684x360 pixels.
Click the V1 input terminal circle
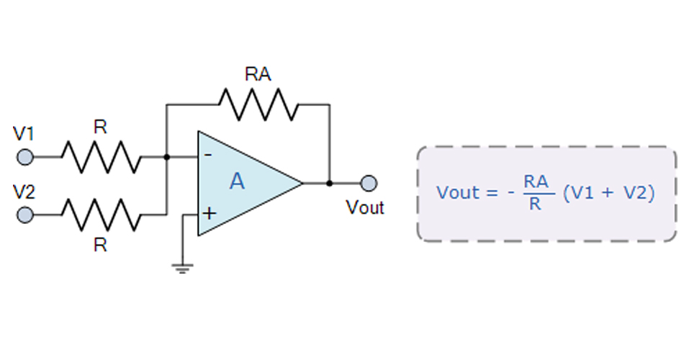(25, 156)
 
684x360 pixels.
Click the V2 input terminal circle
(25, 215)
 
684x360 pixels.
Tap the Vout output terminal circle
(369, 183)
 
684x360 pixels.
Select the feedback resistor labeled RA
(258, 104)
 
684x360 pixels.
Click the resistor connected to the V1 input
(100, 156)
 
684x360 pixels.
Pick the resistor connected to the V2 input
(100, 215)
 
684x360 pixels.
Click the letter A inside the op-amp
(237, 182)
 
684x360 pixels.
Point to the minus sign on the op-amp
(208, 155)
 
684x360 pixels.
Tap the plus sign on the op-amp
(209, 213)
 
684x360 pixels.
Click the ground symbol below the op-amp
(181, 269)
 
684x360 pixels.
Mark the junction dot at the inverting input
(167, 156)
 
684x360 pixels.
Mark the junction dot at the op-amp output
(329, 183)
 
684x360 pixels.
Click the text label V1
(24, 134)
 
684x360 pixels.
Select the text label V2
(24, 192)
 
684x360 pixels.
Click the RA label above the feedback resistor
(258, 74)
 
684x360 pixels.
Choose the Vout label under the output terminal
(365, 209)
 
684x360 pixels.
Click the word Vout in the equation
(457, 193)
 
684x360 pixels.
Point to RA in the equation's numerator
(534, 183)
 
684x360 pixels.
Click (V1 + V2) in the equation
(609, 193)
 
